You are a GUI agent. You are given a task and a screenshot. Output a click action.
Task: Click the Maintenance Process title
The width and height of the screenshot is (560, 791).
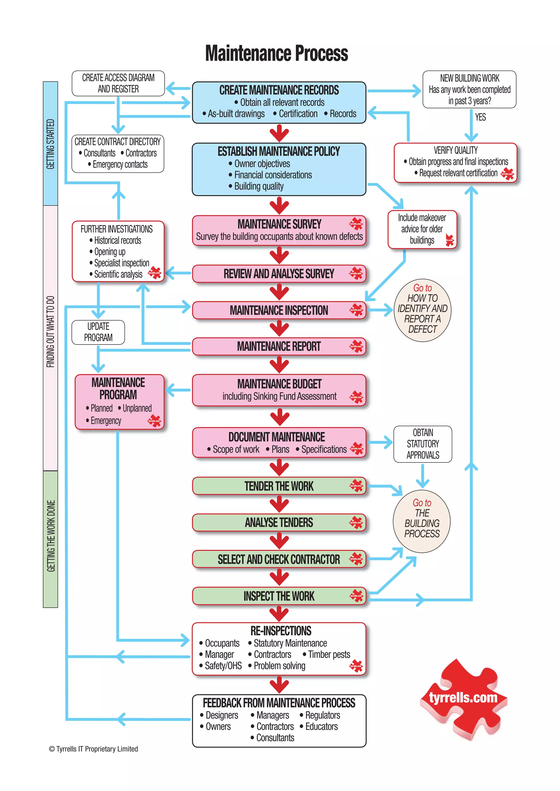point(276,54)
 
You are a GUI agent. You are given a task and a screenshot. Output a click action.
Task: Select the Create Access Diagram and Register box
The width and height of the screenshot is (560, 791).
point(118,83)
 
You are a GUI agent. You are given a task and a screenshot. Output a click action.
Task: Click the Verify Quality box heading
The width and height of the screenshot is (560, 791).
point(456,150)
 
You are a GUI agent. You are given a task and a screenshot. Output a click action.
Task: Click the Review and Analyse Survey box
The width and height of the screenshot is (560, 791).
point(279,274)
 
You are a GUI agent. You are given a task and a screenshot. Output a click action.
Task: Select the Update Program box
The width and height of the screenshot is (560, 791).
point(98,332)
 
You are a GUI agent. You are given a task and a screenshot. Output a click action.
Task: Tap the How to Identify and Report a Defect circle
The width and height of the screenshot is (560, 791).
point(422,310)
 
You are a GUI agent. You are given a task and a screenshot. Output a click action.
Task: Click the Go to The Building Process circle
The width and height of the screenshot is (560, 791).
point(422,521)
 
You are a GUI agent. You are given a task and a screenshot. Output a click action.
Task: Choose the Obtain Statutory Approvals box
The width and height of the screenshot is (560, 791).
point(423,444)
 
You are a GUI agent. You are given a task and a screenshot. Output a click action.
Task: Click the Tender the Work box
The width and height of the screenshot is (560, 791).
point(279,486)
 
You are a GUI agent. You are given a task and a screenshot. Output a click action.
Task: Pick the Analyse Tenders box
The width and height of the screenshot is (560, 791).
point(279,523)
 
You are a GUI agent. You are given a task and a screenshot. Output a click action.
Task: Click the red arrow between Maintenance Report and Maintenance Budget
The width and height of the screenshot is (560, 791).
point(279,364)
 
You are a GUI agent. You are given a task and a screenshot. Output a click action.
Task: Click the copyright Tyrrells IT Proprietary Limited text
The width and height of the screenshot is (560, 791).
point(94,749)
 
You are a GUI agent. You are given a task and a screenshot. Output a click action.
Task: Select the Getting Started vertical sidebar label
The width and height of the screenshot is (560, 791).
point(50,144)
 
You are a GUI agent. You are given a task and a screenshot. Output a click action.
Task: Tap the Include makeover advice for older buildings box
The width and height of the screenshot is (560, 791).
point(422,229)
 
